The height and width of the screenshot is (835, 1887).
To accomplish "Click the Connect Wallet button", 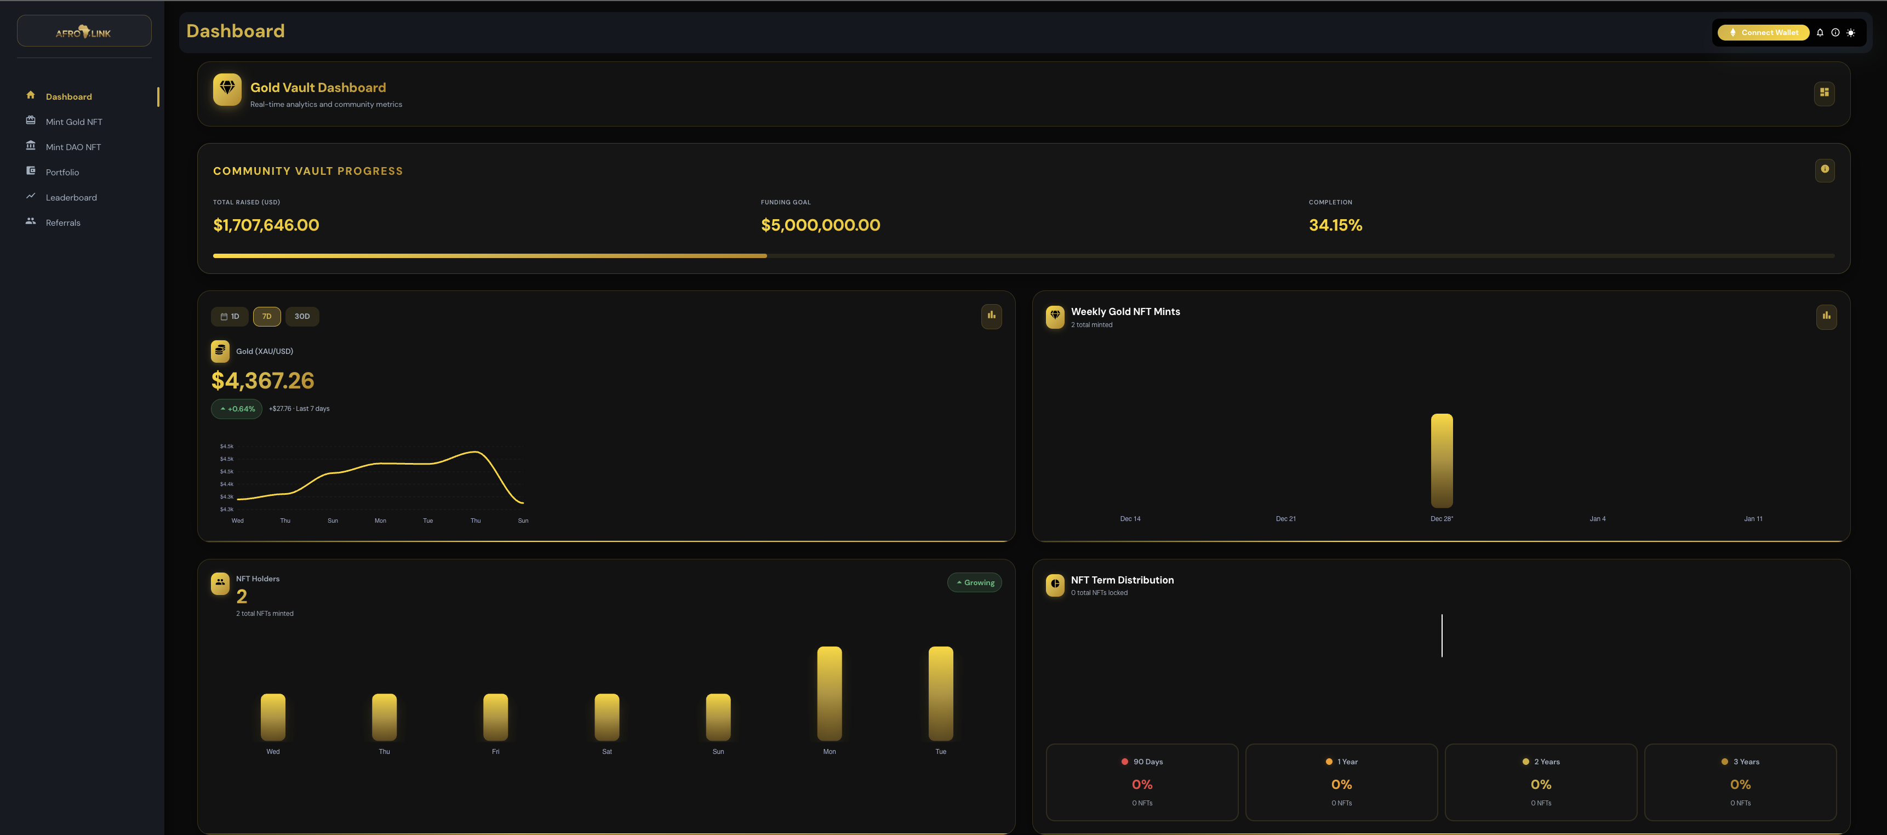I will [x=1763, y=32].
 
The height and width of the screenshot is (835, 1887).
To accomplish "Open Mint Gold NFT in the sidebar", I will [x=73, y=122].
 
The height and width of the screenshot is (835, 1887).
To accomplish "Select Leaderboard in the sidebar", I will [x=71, y=198].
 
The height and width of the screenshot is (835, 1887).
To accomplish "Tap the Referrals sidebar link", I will [x=63, y=222].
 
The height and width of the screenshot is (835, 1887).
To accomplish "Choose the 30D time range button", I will [x=302, y=317].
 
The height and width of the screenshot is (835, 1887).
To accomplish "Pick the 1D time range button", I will [x=230, y=317].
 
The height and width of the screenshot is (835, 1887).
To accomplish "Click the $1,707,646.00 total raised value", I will [x=266, y=225].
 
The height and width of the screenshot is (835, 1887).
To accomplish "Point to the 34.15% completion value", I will [x=1335, y=225].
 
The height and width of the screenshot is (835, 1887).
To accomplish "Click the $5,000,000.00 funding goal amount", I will [x=820, y=225].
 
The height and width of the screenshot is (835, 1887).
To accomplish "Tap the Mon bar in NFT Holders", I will [x=829, y=693].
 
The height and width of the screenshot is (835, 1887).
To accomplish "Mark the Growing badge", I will [x=975, y=582].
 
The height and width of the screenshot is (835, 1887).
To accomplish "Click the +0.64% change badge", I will [x=237, y=409].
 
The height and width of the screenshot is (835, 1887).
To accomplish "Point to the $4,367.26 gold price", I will [x=262, y=381].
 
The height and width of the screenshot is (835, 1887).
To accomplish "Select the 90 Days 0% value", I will [x=1142, y=785].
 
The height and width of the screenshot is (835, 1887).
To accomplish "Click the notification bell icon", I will [x=1820, y=32].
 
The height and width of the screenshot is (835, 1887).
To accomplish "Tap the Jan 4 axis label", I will [x=1597, y=518].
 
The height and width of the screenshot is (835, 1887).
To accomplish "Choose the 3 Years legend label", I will [x=1746, y=762].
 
